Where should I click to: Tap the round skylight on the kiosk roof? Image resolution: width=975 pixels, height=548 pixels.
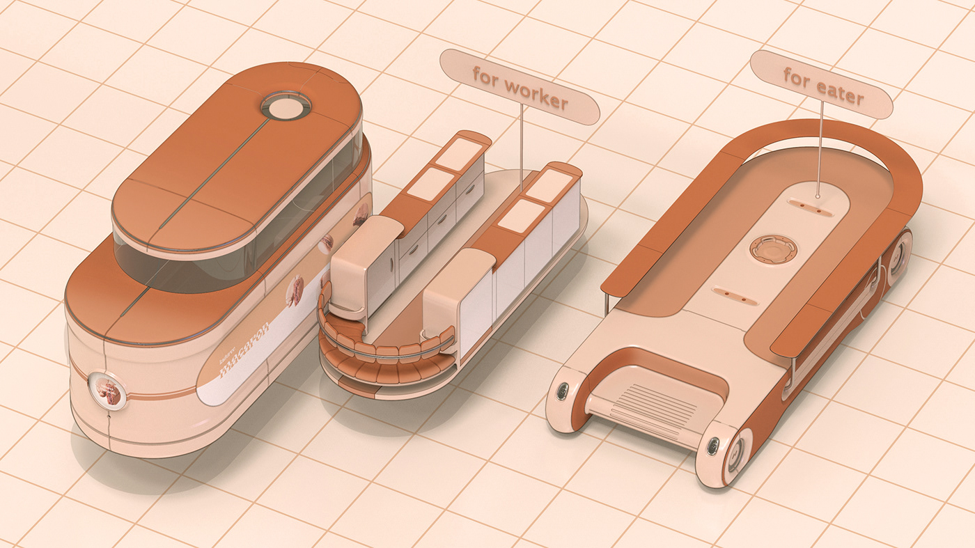286,107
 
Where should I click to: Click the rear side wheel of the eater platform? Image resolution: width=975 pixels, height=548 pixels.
898,256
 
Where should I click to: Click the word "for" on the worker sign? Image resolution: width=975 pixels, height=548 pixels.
485,75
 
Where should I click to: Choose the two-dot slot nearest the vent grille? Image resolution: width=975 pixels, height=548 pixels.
736,295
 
